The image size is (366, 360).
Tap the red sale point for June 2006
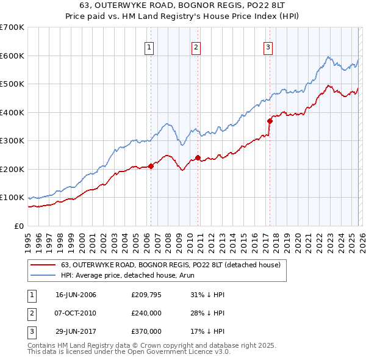pyautogui.click(x=151, y=166)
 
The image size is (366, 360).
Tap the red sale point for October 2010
pyautogui.click(x=198, y=157)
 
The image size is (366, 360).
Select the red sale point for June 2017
pyautogui.click(x=269, y=121)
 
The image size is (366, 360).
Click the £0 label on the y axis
pyautogui.click(x=18, y=226)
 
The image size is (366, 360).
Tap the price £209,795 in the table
pyautogui.click(x=146, y=295)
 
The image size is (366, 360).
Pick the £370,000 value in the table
pyautogui.click(x=146, y=331)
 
